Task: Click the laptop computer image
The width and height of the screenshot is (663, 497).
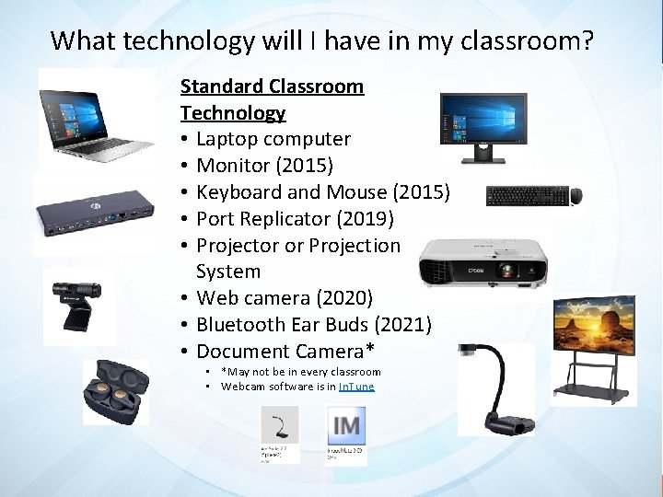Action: coord(95,119)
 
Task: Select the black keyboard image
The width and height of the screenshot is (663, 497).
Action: coord(526,195)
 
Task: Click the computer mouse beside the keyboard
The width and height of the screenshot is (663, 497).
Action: coord(576,195)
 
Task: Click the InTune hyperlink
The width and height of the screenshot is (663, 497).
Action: coord(356,387)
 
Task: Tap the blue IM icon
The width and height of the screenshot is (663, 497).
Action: coord(346,426)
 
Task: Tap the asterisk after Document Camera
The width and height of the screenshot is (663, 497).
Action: coord(370,349)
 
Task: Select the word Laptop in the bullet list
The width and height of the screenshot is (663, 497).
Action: coord(227,140)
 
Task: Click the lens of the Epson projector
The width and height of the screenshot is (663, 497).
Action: coord(506,272)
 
